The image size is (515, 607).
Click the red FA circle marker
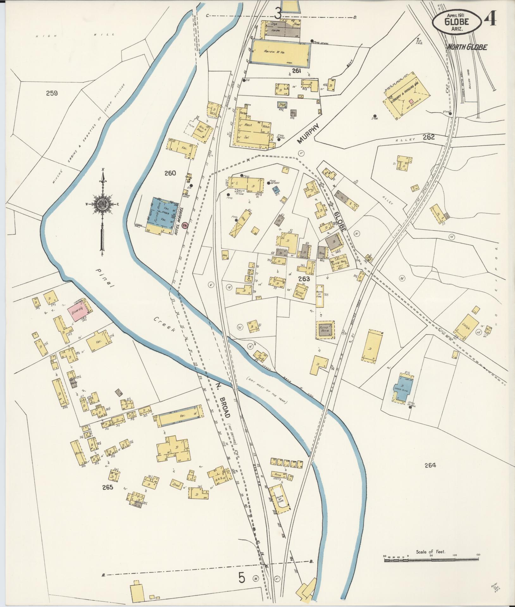(185, 225)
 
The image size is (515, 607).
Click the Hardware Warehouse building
(280, 53)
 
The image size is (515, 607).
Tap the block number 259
(52, 93)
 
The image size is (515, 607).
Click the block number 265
(108, 487)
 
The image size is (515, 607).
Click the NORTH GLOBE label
(467, 47)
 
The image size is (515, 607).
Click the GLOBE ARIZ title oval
(457, 21)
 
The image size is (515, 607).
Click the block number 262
(429, 137)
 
